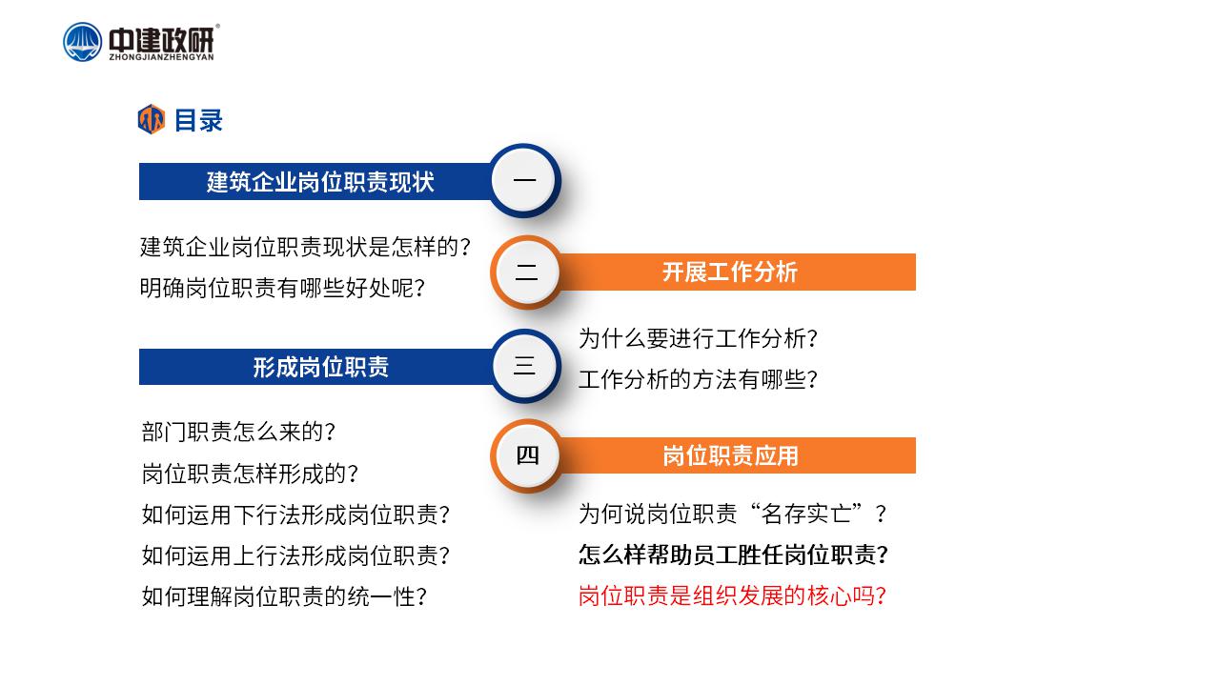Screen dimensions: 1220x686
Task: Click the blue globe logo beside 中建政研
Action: click(x=82, y=42)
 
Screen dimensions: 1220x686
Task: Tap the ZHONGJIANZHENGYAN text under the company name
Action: click(x=162, y=56)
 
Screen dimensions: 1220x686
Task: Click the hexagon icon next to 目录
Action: click(x=152, y=119)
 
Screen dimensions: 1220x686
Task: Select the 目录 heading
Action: click(x=198, y=120)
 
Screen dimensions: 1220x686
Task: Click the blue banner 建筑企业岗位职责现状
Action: click(x=320, y=181)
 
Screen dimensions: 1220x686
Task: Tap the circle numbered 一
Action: click(x=524, y=180)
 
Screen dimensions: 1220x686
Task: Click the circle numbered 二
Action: click(x=526, y=272)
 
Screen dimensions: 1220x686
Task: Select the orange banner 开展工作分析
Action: click(x=730, y=272)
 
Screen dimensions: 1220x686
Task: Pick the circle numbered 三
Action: click(x=525, y=365)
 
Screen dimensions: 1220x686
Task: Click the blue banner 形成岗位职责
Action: click(x=320, y=367)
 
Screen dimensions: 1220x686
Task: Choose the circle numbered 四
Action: click(x=527, y=455)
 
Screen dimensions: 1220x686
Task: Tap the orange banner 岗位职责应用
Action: click(x=730, y=455)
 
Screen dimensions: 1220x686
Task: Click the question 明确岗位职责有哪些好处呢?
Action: click(x=282, y=288)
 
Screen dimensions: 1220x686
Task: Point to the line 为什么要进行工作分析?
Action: click(x=698, y=338)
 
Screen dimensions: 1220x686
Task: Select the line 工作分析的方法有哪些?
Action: click(x=698, y=379)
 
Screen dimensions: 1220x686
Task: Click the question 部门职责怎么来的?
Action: click(x=238, y=432)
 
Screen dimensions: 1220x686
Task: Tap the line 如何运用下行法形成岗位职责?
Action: click(x=295, y=514)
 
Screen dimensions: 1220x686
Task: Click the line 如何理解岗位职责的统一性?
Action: click(x=284, y=596)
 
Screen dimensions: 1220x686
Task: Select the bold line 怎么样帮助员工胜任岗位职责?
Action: click(x=733, y=555)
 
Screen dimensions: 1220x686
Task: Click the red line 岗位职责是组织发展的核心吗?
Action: click(x=732, y=595)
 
